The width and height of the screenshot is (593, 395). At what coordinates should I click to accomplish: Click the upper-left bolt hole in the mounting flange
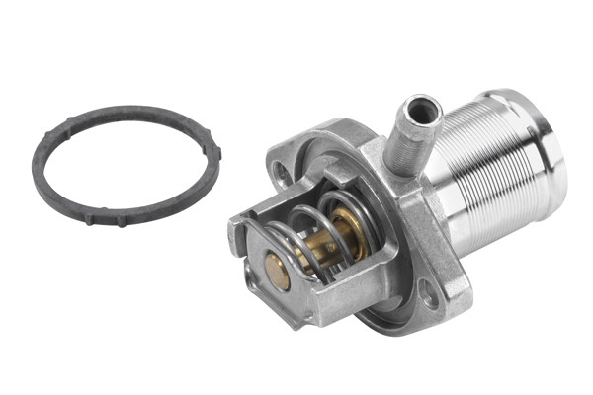pyautogui.click(x=284, y=174)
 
